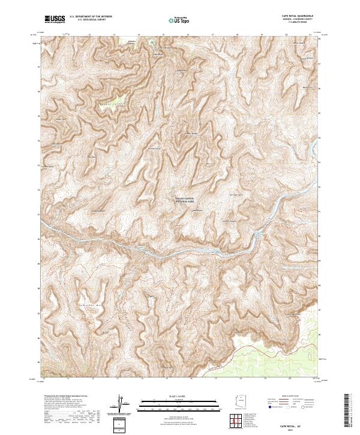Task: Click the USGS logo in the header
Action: pyautogui.click(x=55, y=19)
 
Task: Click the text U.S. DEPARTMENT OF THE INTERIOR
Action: pyautogui.click(x=91, y=17)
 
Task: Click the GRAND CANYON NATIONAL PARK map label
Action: pyautogui.click(x=184, y=202)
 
